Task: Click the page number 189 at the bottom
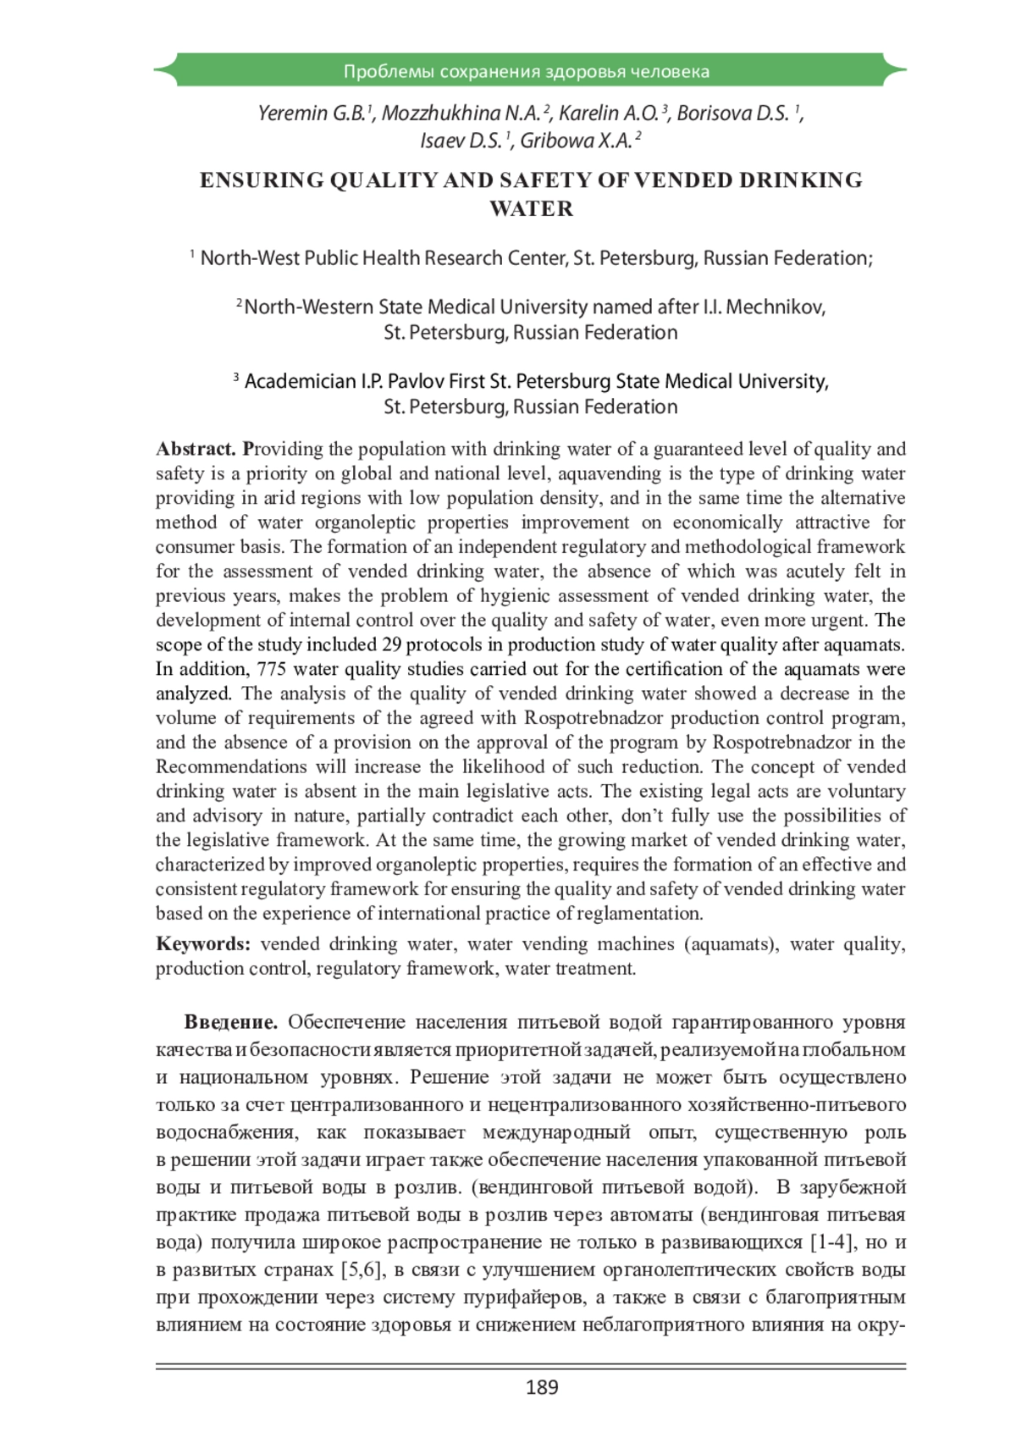click(542, 1387)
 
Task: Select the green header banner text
click(526, 71)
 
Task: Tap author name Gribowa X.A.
click(576, 141)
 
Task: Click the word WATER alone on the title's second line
click(531, 209)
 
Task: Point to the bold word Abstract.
click(196, 449)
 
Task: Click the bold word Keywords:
click(203, 944)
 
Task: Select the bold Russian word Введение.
click(230, 1022)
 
